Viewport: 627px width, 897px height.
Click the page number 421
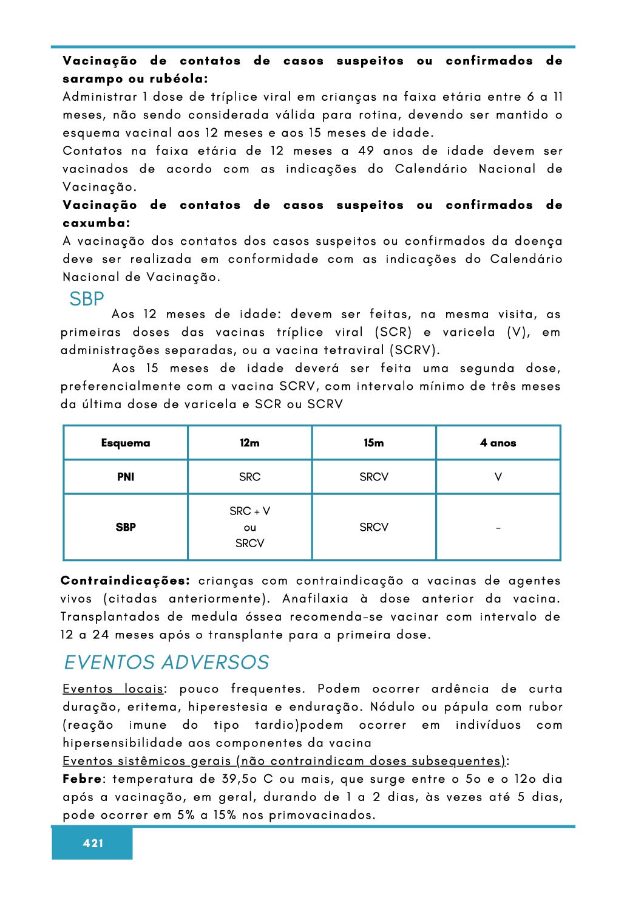(x=93, y=843)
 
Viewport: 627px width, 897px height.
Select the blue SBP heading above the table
(x=87, y=299)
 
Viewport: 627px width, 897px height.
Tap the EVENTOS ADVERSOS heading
(x=166, y=662)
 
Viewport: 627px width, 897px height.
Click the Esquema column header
(x=126, y=443)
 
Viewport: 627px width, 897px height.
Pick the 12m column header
(x=249, y=443)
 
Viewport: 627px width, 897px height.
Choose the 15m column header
(x=374, y=443)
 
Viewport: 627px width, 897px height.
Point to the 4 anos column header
(x=498, y=443)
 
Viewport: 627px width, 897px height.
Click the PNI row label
(x=126, y=477)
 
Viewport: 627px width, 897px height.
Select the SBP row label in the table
(x=126, y=527)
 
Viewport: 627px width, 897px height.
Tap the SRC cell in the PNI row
(x=249, y=477)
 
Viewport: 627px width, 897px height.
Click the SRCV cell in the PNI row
(x=374, y=477)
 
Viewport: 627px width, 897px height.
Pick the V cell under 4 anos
(x=498, y=477)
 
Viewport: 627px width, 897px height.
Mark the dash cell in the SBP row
(x=498, y=528)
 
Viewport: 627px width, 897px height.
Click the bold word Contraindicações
(x=125, y=581)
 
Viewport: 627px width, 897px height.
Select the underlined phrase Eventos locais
(x=113, y=689)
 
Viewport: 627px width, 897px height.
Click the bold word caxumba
(x=95, y=223)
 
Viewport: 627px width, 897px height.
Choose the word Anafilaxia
(x=316, y=599)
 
